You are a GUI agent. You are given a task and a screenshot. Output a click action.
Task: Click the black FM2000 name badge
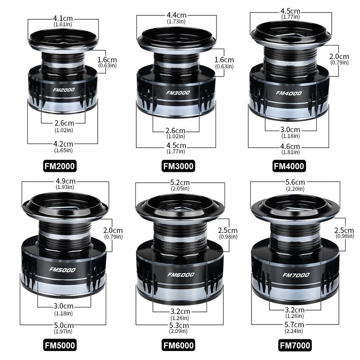[x=60, y=166]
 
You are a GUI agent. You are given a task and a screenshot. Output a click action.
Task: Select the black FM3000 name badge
[x=178, y=166]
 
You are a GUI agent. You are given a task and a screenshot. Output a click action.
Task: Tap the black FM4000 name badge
[x=289, y=166]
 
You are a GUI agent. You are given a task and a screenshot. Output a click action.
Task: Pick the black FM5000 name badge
[x=60, y=345]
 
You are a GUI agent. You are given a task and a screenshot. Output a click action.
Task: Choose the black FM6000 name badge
[x=178, y=345]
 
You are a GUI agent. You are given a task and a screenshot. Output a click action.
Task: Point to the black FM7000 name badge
[x=295, y=345]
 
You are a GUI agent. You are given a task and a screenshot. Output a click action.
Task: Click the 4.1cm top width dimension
[x=63, y=18]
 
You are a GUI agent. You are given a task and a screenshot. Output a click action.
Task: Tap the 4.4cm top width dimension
[x=176, y=15]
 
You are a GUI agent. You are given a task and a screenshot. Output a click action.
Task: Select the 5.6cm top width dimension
[x=295, y=182]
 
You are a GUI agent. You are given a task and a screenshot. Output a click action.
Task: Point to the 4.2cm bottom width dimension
[x=63, y=144]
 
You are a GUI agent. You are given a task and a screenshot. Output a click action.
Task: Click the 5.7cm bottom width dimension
[x=294, y=324]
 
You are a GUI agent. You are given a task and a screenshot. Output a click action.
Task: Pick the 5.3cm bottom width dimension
[x=179, y=325]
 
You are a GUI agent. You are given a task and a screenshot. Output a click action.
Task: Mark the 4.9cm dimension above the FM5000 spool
[x=65, y=181]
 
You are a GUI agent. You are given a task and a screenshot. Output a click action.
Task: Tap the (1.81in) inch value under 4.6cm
[x=290, y=152]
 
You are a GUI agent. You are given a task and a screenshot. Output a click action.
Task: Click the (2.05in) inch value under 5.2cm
[x=180, y=189]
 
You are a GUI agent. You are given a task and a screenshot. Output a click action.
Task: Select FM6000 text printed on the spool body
[x=181, y=274]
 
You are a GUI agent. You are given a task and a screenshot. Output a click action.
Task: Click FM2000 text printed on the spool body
[x=64, y=90]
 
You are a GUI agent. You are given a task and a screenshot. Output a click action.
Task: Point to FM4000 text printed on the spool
[x=289, y=93]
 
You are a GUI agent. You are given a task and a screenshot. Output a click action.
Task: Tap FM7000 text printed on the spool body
[x=296, y=275]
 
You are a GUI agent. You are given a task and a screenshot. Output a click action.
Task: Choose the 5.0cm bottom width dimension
[x=64, y=325]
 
